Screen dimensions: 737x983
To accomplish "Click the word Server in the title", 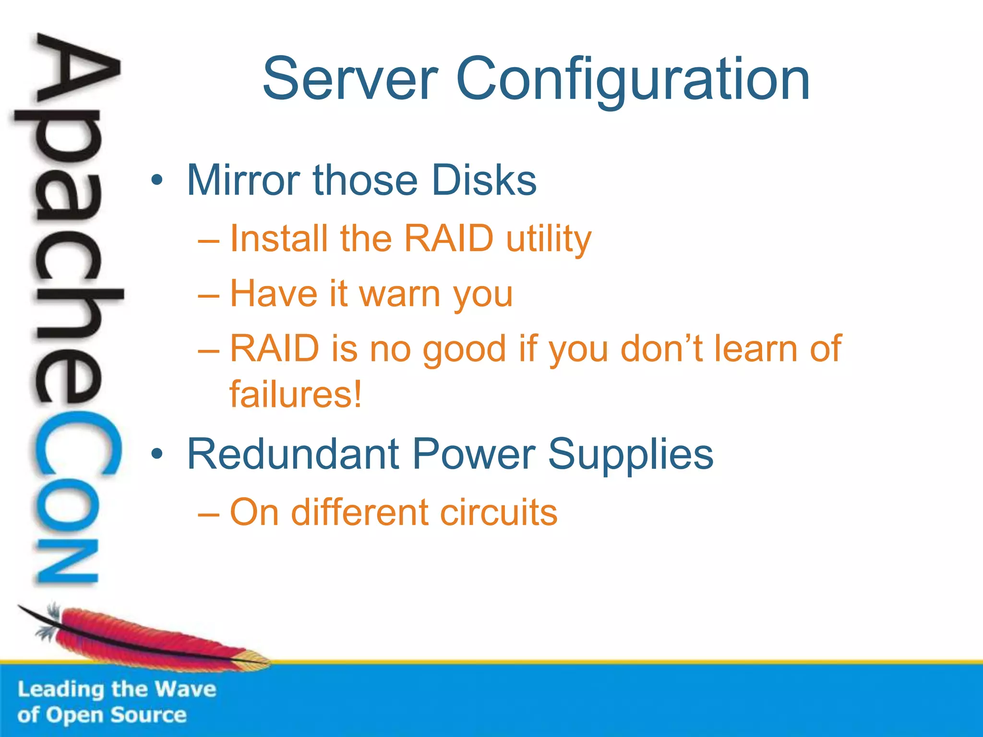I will pos(350,79).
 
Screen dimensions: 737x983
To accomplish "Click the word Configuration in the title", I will pos(633,79).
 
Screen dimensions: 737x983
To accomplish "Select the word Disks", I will pos(484,180).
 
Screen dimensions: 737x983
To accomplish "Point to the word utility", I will pos(549,238).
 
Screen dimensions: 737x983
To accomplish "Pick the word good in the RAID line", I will pos(464,349).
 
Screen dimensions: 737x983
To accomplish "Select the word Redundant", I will pos(293,454).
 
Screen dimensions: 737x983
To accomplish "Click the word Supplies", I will pos(631,454).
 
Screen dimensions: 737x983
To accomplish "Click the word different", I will pos(359,512).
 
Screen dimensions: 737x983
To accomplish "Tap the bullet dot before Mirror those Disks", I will pos(156,181).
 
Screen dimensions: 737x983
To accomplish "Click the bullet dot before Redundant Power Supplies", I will pos(156,454).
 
